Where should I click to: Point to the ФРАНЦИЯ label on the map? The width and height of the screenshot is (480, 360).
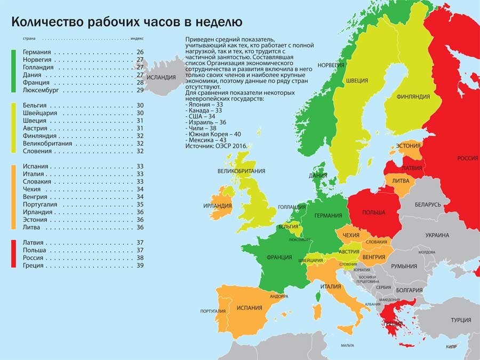(x=279, y=257)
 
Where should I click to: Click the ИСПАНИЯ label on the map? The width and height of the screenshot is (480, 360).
(x=249, y=308)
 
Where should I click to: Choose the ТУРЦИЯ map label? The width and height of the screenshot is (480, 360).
(x=460, y=320)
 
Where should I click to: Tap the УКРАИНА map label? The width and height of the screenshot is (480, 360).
(x=437, y=235)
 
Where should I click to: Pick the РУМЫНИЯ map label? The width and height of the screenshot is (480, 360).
(x=403, y=266)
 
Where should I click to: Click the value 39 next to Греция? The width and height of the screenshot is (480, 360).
(x=140, y=265)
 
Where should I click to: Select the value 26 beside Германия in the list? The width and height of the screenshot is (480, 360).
(x=140, y=52)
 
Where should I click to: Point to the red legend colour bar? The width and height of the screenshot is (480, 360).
(x=13, y=254)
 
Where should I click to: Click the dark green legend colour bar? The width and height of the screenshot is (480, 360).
(x=13, y=71)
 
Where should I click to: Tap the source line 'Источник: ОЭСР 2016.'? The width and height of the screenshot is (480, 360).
(x=220, y=146)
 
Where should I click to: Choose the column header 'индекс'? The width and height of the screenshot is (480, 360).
(x=138, y=38)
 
